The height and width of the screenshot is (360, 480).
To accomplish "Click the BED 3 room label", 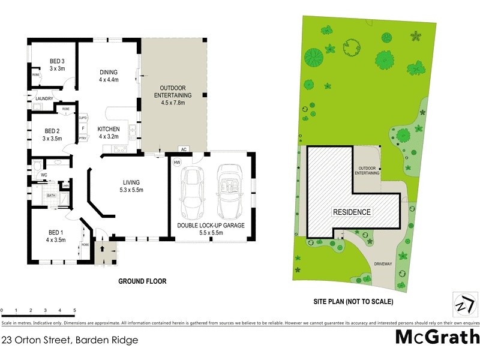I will pyautogui.click(x=58, y=61).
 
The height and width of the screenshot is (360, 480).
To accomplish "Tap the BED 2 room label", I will pyautogui.click(x=54, y=130).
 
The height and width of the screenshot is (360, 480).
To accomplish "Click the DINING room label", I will pyautogui.click(x=109, y=73).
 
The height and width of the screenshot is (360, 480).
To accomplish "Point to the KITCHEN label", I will pyautogui.click(x=109, y=129).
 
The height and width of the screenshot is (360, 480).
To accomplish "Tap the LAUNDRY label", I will pyautogui.click(x=45, y=99).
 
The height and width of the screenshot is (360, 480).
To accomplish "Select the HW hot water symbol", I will pyautogui.click(x=177, y=163).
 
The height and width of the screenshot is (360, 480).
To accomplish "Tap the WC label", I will pyautogui.click(x=44, y=175).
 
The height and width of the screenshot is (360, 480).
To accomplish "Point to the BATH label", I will pyautogui.click(x=52, y=195).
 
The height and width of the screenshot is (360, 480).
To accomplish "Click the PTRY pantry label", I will pyautogui.click(x=83, y=138).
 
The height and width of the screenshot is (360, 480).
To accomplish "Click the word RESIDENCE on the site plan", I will pyautogui.click(x=352, y=212).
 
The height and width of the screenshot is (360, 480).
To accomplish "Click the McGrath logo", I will pyautogui.click(x=437, y=337).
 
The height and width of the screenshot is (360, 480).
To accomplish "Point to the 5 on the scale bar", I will pyautogui.click(x=74, y=311).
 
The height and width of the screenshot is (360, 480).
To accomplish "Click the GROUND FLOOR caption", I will pyautogui.click(x=142, y=281).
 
